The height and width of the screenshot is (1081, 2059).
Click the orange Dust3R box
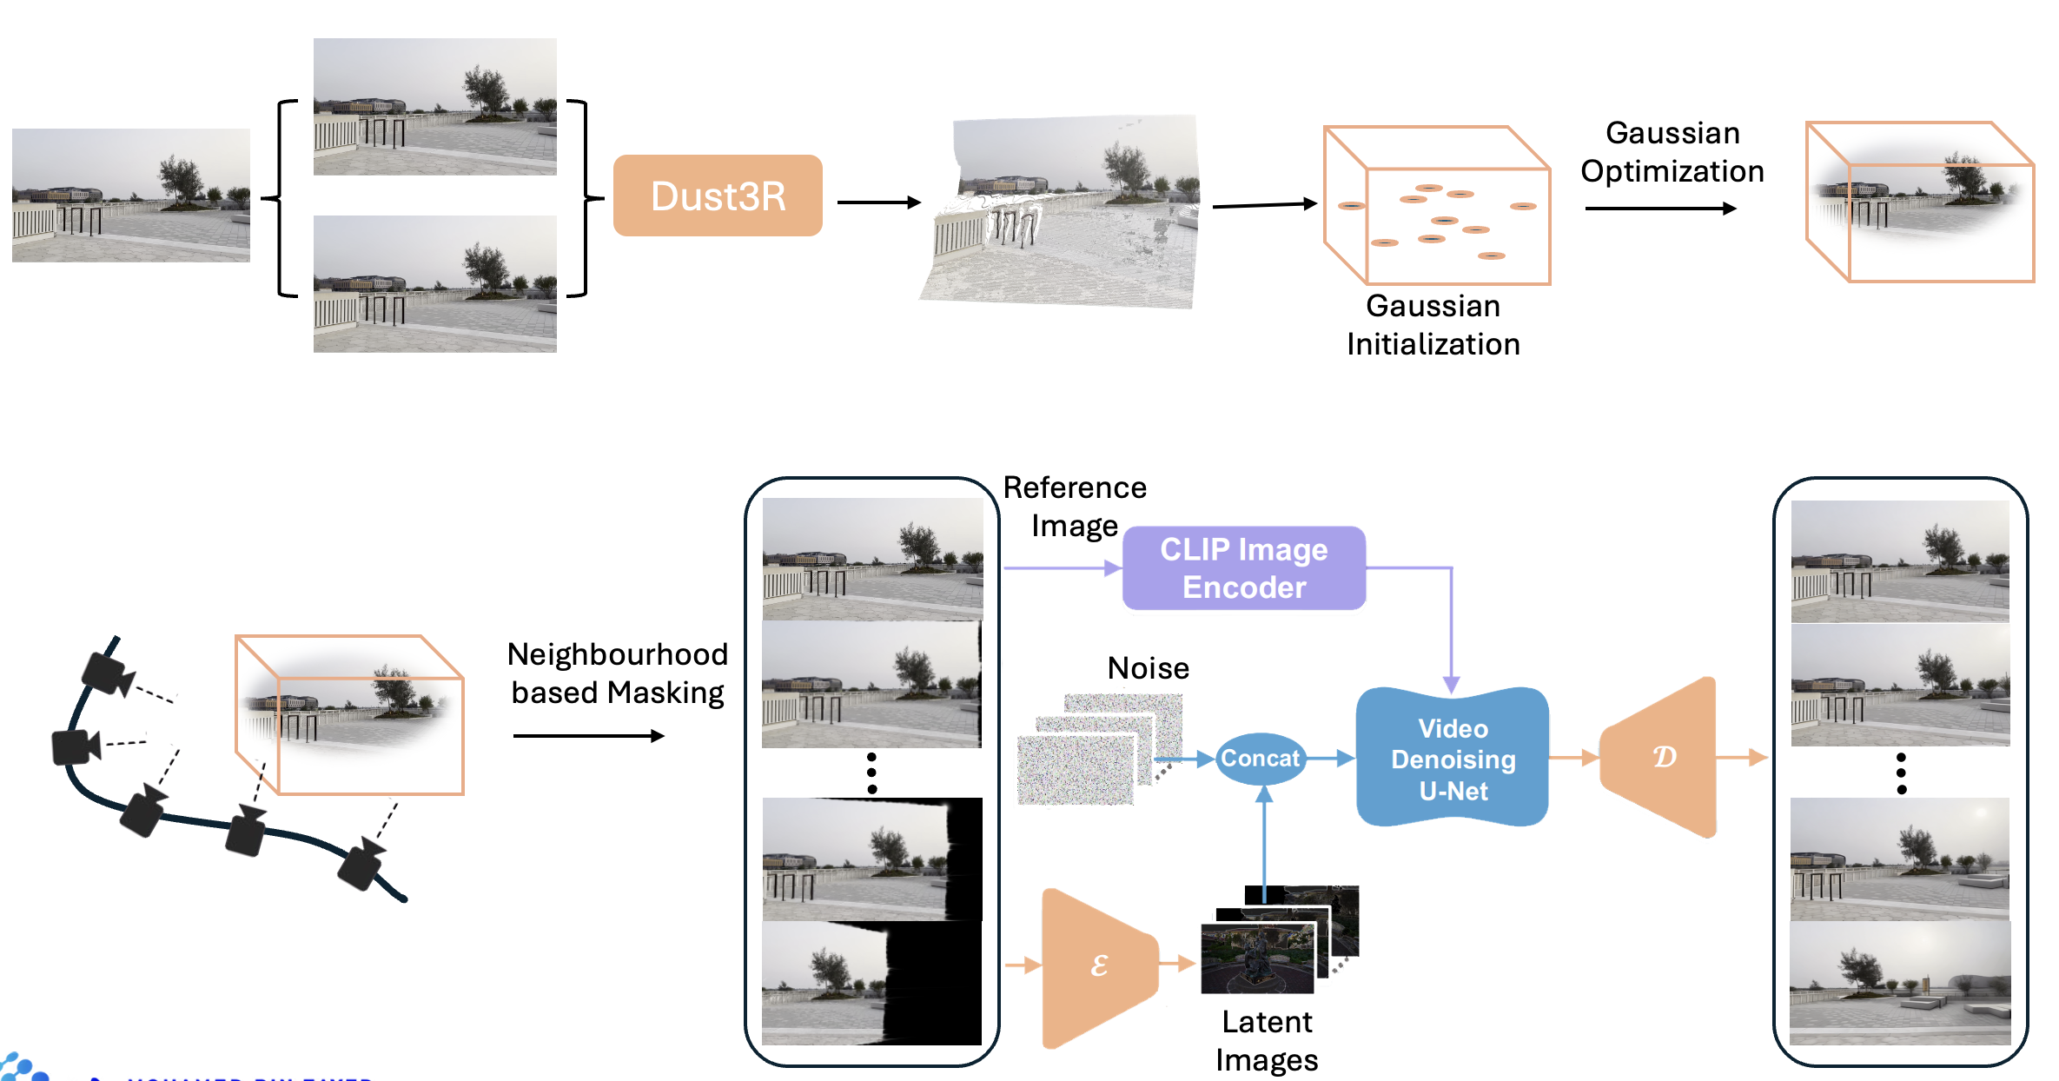pyautogui.click(x=718, y=196)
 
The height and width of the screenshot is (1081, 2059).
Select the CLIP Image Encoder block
pyautogui.click(x=1243, y=568)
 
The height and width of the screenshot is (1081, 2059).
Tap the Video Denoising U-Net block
pyautogui.click(x=1453, y=759)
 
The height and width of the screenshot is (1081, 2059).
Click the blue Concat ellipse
pyautogui.click(x=1260, y=759)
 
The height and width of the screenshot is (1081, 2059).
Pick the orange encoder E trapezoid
pyautogui.click(x=1098, y=965)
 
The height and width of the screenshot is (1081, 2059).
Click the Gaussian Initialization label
pyautogui.click(x=1433, y=325)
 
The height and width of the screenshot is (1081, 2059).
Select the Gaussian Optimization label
pyautogui.click(x=1672, y=152)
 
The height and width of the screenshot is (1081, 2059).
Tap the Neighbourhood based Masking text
pyautogui.click(x=618, y=673)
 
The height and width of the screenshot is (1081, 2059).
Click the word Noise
pyautogui.click(x=1148, y=668)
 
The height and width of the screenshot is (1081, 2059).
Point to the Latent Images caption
pyautogui.click(x=1267, y=1041)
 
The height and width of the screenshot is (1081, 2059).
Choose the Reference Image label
pyautogui.click(x=1075, y=507)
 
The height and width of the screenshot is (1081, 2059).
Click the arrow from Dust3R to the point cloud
pyautogui.click(x=878, y=202)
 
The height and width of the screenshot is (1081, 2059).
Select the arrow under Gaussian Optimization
pyautogui.click(x=1660, y=209)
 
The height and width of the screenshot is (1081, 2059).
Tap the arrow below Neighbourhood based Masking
pyautogui.click(x=588, y=736)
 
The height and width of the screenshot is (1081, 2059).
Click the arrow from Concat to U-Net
pyautogui.click(x=1330, y=759)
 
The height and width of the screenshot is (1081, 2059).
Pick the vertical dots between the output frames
pyautogui.click(x=1901, y=773)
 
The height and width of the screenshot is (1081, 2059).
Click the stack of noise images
pyautogui.click(x=1099, y=748)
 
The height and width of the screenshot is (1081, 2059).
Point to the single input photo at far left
pyautogui.click(x=131, y=196)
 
